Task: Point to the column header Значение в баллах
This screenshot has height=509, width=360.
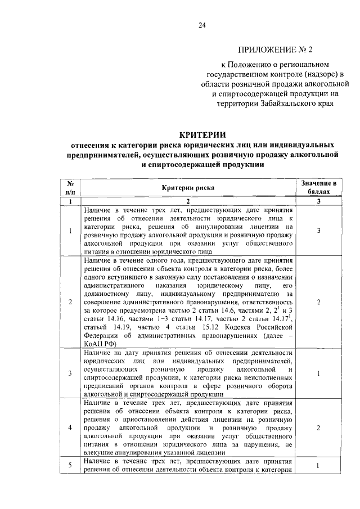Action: pos(318,187)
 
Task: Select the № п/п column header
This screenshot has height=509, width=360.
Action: pos(70,187)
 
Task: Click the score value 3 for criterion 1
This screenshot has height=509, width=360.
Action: pos(318,231)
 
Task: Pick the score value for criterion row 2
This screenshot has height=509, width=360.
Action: pos(318,302)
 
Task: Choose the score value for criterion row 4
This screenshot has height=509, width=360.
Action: pos(318,428)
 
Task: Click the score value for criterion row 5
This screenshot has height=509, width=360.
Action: pos(318,466)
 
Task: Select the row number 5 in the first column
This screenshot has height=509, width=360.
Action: pos(70,466)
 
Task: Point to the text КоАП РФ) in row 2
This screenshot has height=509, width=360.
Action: pos(100,341)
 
